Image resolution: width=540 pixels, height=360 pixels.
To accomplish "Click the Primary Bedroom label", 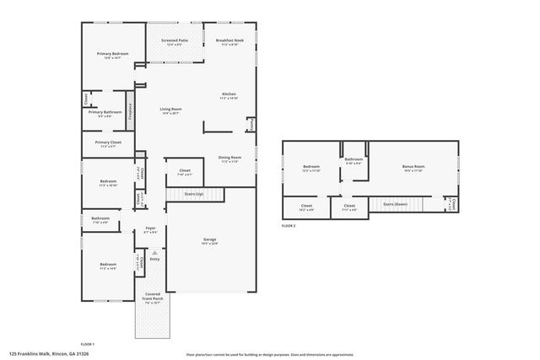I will pos(107,55).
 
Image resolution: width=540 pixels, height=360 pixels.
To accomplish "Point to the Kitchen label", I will pos(229,95).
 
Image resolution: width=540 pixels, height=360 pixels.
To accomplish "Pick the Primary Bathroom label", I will pos(106,113).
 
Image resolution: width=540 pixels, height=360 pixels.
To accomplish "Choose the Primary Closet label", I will pos(107,143).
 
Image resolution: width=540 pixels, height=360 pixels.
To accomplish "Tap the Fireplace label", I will pos(130,111).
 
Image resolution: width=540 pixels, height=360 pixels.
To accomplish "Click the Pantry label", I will pos(250,124).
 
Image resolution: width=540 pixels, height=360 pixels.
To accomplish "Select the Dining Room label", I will pos(230,159).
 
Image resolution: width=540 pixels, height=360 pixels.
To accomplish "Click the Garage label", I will pos(209,240).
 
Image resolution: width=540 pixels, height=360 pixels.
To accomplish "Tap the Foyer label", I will pos(150,228).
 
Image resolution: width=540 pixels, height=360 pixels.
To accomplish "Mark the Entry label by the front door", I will pos(154,259).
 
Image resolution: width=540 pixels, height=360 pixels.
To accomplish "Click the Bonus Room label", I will pos(413,168).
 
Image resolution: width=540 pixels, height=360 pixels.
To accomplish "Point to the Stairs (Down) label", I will pos(395,204).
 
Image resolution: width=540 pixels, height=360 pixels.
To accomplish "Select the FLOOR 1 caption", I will pos(87,344).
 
